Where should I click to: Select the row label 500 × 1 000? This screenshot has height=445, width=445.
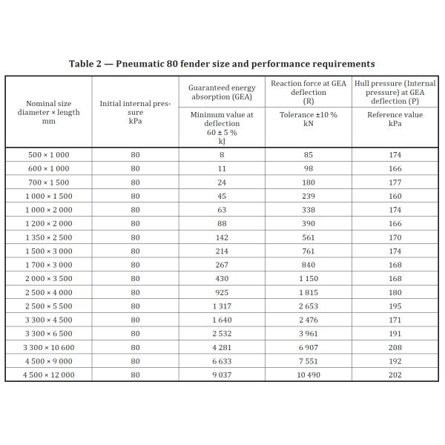pos(48,155)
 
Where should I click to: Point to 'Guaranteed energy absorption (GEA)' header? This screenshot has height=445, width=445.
pos(222,92)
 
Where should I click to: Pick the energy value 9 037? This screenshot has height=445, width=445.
pos(222,375)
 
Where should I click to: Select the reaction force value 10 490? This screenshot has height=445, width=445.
pos(309,375)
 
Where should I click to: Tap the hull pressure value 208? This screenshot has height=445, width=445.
pos(395,347)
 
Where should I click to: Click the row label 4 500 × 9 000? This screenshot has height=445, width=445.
pos(48,361)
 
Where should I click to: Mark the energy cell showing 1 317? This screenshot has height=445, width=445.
pos(222,306)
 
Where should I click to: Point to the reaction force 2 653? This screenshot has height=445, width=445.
pos(309,306)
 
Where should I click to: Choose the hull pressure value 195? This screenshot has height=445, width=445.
pos(395,306)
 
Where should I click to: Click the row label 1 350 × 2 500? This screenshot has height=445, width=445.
pos(48,237)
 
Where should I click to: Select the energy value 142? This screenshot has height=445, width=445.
pos(222,237)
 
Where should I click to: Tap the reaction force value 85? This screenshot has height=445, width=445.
pos(309,155)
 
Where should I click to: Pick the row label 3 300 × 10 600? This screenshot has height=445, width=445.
pos(48,347)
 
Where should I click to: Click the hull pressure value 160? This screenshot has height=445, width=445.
pos(395,196)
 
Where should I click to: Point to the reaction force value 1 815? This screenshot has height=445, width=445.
pos(309,292)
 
